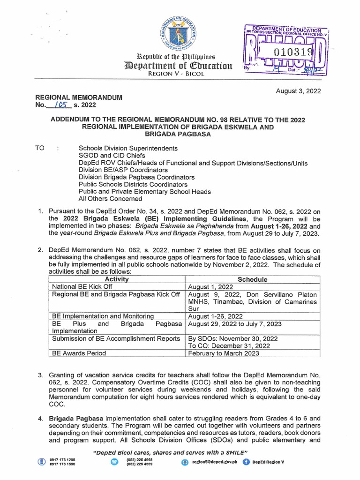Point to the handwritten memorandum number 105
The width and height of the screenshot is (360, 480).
point(59,105)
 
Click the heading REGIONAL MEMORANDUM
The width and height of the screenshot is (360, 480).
point(79,97)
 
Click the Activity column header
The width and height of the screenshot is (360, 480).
point(117,279)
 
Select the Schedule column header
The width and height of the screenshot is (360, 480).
point(253,279)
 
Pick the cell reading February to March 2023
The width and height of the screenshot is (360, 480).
point(223,353)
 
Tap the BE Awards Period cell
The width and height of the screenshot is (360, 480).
point(79,353)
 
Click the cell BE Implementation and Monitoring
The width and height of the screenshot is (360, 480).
point(103,316)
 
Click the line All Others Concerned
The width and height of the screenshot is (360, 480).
point(110,199)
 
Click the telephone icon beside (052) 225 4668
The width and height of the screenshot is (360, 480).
point(114,462)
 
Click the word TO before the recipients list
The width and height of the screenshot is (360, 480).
point(41,148)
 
